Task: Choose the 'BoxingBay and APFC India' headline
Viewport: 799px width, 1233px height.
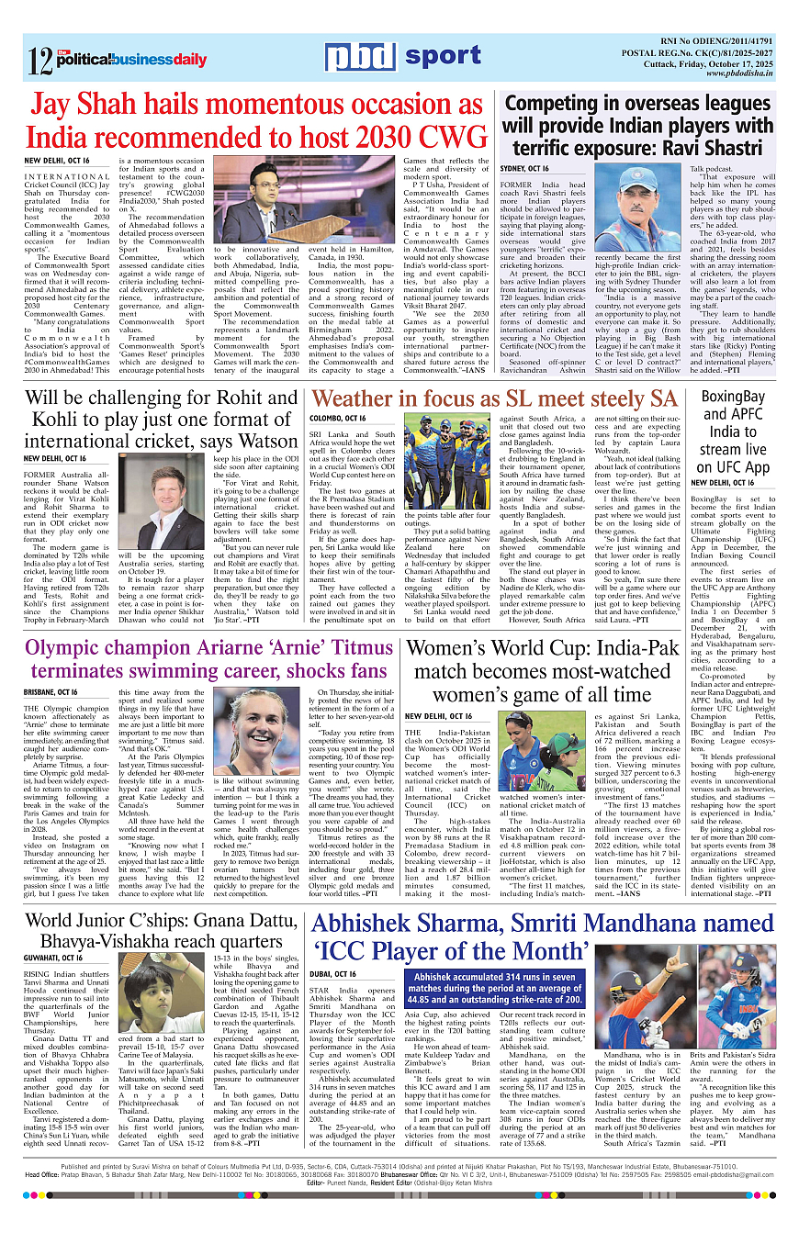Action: pyautogui.click(x=733, y=431)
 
